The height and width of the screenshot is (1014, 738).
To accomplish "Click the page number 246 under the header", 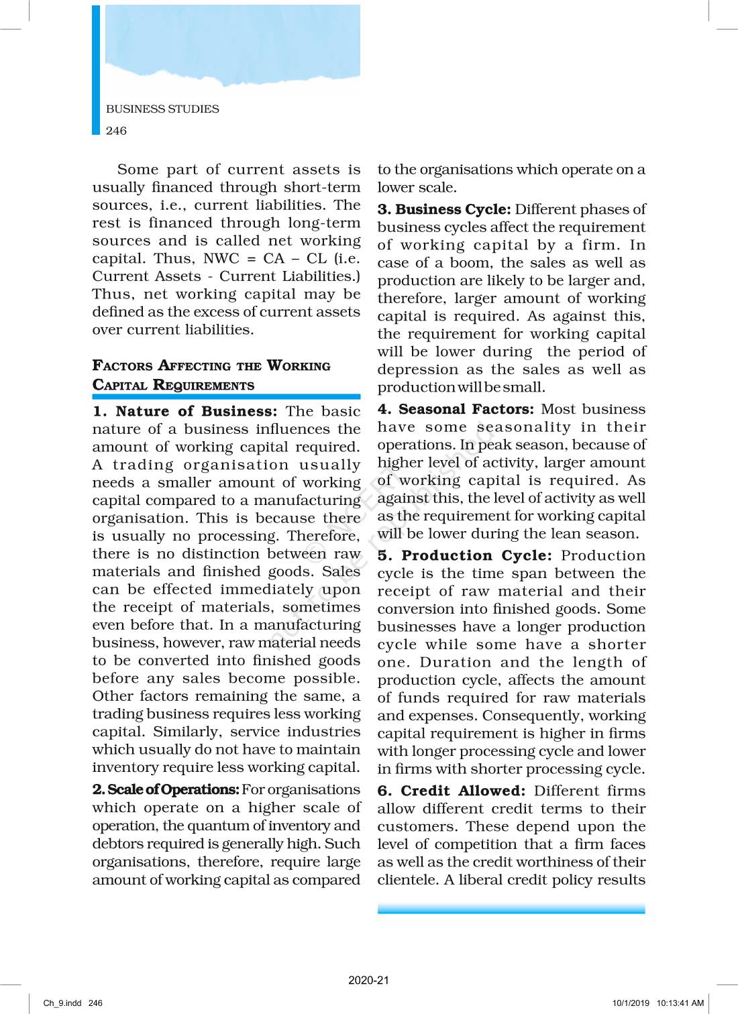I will [116, 131].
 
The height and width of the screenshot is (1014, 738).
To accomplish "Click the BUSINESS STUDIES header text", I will [162, 109].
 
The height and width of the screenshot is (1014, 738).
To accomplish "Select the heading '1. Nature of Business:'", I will [184, 411].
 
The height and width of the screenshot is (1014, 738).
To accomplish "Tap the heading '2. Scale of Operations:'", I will [166, 789].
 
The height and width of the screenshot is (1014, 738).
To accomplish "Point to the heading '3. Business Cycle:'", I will [444, 209].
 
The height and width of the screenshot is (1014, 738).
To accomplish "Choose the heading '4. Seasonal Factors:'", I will [456, 409].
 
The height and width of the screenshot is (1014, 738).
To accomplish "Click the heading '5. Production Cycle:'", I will [464, 555].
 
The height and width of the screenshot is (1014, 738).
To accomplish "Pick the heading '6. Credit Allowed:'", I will [451, 791].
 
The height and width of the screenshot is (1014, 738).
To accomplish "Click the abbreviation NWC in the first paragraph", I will [221, 259].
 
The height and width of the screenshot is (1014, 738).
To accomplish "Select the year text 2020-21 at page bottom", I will [368, 980].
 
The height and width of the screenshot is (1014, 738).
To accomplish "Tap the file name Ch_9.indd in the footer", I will [62, 1003].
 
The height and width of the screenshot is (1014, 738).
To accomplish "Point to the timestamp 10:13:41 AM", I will [680, 1003].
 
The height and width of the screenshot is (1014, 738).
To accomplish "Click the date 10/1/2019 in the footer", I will [631, 1003].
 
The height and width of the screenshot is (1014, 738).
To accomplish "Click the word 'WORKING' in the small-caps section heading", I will [299, 366].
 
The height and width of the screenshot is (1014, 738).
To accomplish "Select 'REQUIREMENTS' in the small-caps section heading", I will [204, 386].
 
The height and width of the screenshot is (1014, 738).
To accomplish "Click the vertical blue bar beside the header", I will [96, 70].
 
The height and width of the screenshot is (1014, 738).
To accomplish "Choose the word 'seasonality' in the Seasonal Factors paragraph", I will [524, 427].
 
